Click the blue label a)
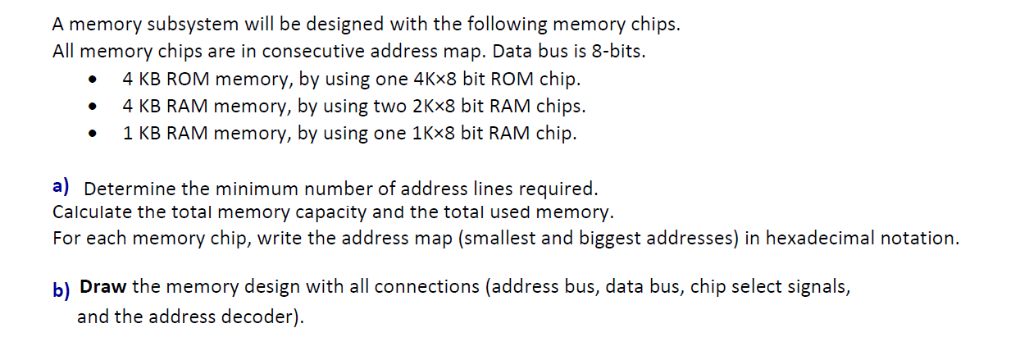point(61,186)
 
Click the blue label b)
point(61,290)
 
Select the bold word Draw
point(102,287)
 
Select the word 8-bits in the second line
point(618,52)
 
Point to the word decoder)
point(257,317)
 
